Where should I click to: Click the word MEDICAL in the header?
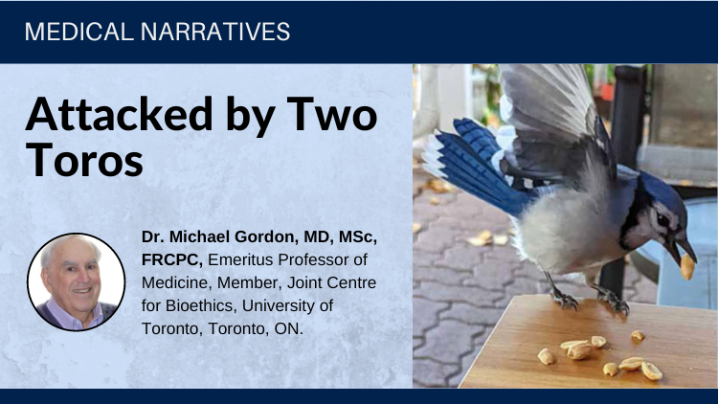pos(79,32)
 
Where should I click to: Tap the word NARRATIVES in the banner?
pos(215,32)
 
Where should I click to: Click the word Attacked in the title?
pos(119,114)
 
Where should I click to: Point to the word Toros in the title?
pos(84,160)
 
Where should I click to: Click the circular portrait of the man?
pos(76,281)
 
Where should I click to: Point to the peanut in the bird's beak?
pos(686,266)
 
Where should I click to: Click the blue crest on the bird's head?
pos(660,188)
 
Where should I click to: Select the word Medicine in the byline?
pos(175,282)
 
